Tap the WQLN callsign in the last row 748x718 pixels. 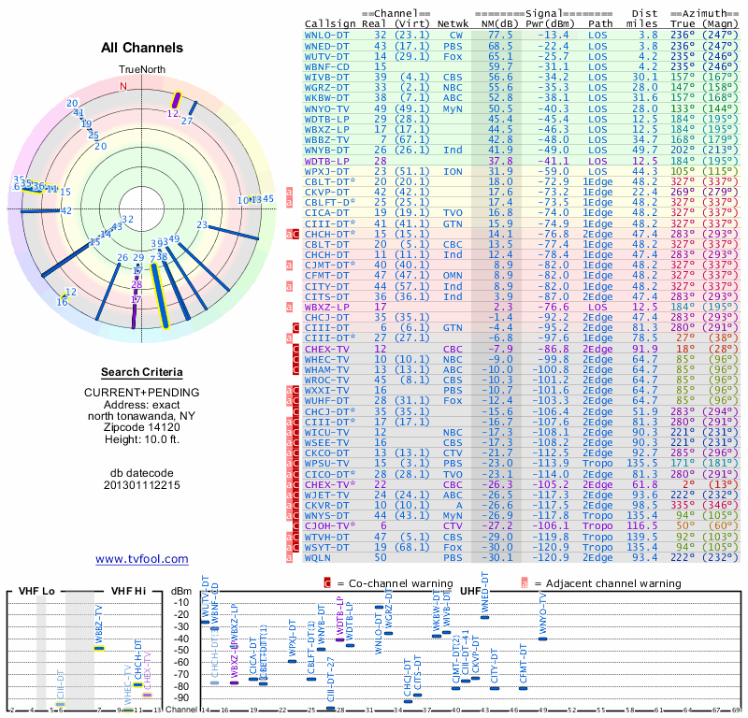click(x=321, y=557)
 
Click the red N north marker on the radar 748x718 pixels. click(x=122, y=86)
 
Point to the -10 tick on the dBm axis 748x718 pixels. click(x=181, y=602)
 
